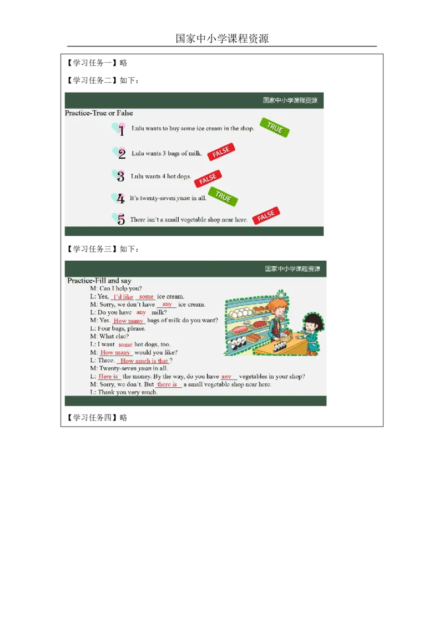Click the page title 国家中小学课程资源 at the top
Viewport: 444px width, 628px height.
coord(222,38)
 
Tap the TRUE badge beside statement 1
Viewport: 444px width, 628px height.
coord(275,128)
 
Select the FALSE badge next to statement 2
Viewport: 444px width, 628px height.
coord(221,152)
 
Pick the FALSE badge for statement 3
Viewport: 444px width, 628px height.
coord(208,179)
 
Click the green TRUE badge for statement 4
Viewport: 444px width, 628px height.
coord(223,196)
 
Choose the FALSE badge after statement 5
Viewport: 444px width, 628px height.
coord(266,215)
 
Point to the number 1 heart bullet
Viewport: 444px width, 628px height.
coord(119,129)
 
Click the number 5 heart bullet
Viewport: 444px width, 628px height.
coord(119,219)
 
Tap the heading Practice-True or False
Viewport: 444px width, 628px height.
coord(99,113)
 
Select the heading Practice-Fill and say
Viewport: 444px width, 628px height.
coord(99,280)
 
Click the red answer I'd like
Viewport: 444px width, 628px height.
coord(123,297)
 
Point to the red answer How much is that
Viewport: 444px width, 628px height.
coord(144,361)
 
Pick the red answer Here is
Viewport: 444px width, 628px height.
coord(108,377)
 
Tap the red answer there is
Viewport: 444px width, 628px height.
coord(167,384)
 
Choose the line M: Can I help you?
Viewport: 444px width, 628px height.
coord(116,288)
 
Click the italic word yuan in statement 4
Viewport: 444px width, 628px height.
coord(183,198)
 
